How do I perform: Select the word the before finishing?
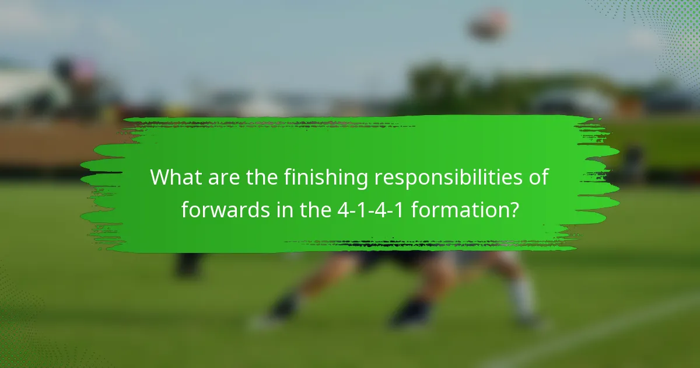[x=262, y=178]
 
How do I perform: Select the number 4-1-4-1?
[x=372, y=210]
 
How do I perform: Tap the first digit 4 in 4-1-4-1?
[x=342, y=210]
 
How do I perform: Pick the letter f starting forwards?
[x=185, y=210]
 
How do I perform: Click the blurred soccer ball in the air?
[x=489, y=25]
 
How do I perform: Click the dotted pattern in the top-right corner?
[x=671, y=35]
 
